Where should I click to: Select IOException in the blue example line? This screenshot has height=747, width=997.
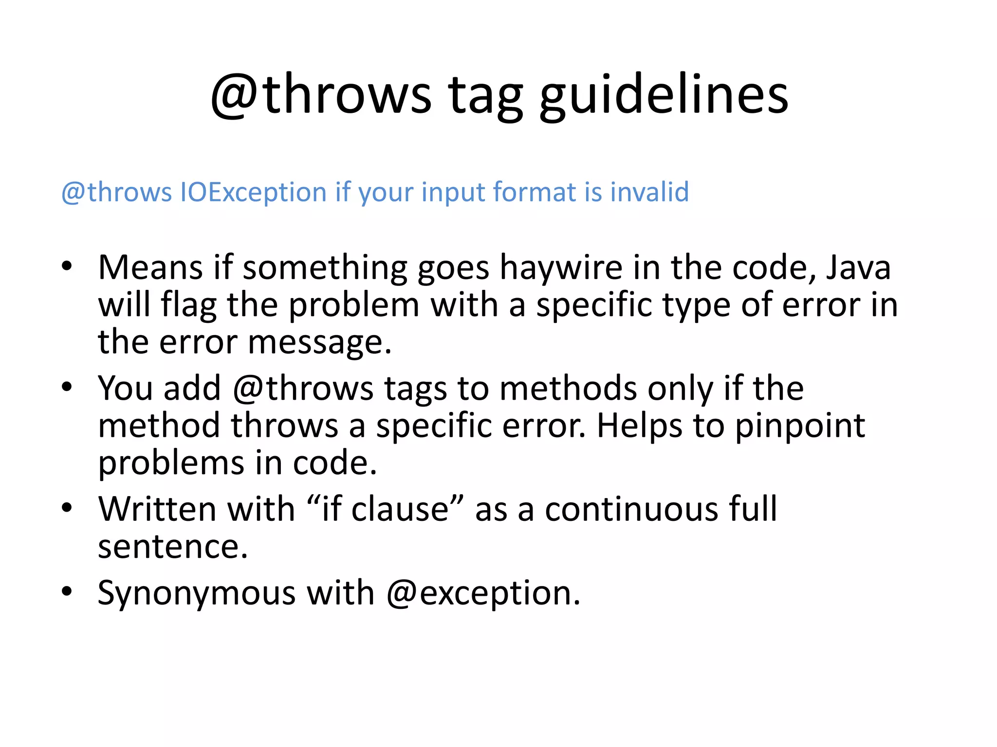(253, 192)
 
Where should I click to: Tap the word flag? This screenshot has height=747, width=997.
(189, 305)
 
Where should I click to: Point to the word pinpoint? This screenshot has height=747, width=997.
(800, 426)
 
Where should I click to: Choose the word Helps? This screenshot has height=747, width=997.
(640, 426)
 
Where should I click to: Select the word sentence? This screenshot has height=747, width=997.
(172, 547)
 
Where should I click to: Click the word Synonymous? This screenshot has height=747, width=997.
(197, 593)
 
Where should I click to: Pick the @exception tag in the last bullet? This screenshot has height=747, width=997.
(483, 593)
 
